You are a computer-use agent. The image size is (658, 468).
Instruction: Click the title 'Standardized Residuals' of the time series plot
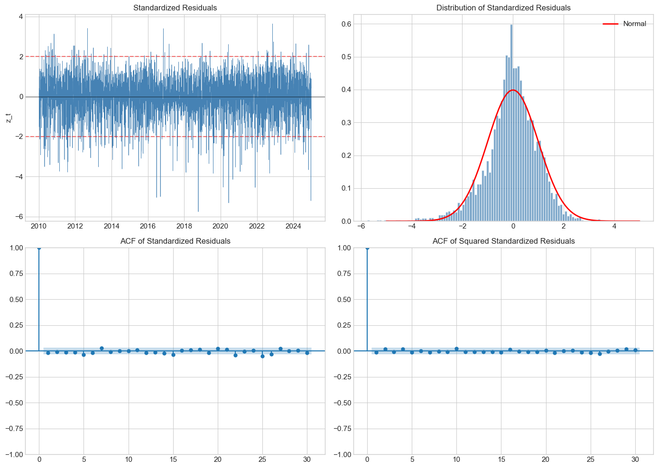pos(175,8)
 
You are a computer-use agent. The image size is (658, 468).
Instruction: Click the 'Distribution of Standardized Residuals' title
pos(503,8)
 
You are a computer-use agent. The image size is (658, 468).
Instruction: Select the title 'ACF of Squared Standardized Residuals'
pos(503,241)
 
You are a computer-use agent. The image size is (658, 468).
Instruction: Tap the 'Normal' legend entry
pos(634,24)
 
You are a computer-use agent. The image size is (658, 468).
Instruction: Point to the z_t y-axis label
pos(9,118)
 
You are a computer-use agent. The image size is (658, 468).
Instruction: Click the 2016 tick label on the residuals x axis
pos(148,226)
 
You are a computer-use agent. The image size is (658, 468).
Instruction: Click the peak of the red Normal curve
pos(512,90)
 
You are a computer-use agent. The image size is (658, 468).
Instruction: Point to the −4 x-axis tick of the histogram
pos(412,226)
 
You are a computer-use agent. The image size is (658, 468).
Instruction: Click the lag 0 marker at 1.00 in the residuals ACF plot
pos(39,248)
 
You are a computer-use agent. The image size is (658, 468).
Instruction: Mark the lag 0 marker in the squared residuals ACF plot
pos(367,248)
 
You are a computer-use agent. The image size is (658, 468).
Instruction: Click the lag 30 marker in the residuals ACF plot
pos(307,353)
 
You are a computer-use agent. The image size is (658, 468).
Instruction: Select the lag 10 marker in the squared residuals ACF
pos(456,349)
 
